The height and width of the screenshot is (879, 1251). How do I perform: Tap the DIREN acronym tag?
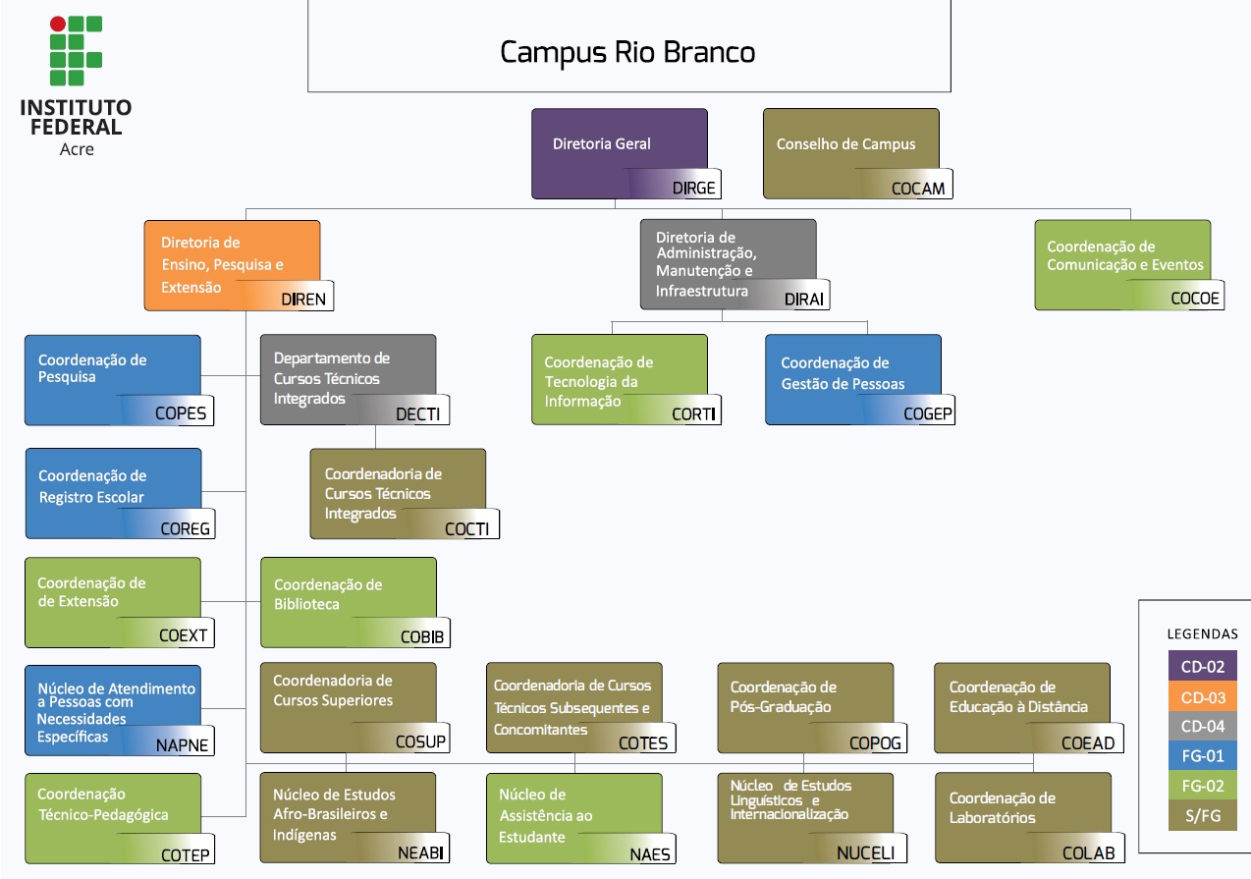[x=302, y=299]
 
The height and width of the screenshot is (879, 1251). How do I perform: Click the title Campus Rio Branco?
[x=628, y=52]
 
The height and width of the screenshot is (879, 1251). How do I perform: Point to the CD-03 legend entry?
[x=1202, y=697]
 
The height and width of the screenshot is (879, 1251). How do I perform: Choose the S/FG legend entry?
[x=1202, y=815]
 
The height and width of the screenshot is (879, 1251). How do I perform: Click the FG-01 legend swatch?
[x=1202, y=756]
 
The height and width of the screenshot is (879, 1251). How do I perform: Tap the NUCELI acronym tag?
[x=865, y=852]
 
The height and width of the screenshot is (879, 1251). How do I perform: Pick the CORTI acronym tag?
[x=693, y=414]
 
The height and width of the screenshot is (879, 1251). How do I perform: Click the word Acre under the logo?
[x=76, y=149]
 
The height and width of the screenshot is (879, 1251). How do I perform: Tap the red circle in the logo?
[x=58, y=24]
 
